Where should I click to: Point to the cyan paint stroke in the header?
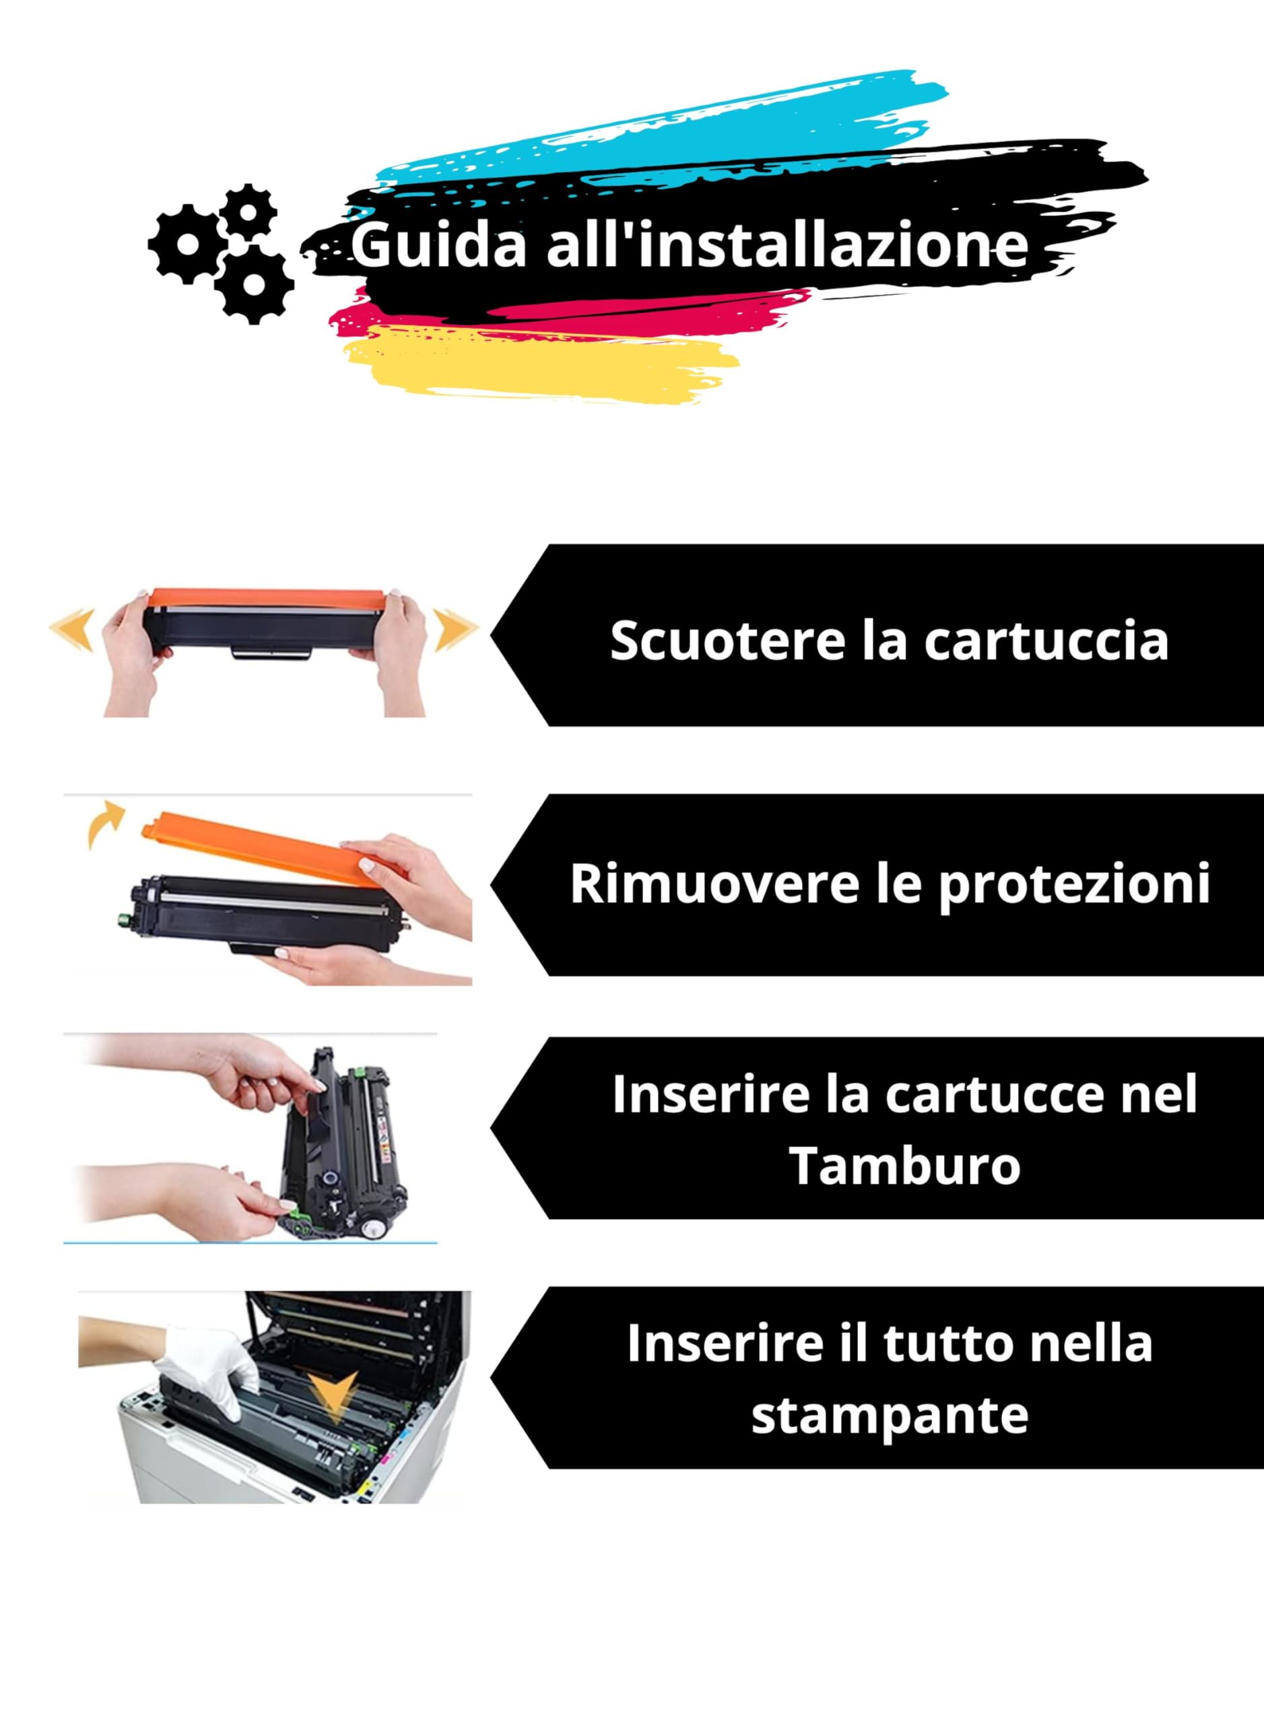(689, 123)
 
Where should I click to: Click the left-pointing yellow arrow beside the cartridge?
(72, 629)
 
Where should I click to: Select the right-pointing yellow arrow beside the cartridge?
(455, 629)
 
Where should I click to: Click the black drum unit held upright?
(344, 1148)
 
